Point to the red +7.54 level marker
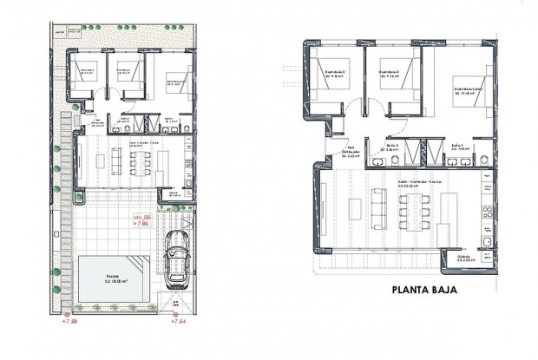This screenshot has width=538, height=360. [180, 321]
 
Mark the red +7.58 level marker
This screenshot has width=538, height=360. [69, 321]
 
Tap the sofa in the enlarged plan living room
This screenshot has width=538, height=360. [378, 208]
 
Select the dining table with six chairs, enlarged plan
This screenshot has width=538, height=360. [411, 210]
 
